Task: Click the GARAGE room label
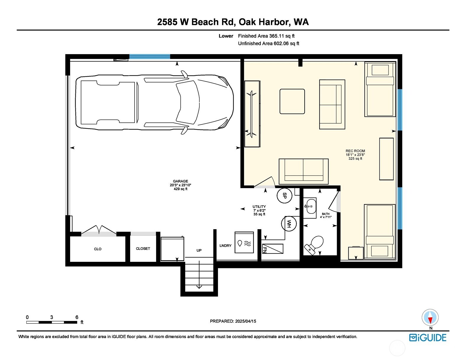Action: point(180,181)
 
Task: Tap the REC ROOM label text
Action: point(355,151)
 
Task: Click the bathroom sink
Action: point(310,206)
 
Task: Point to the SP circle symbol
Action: point(284,196)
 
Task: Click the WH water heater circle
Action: point(289,224)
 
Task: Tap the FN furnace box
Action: point(272,249)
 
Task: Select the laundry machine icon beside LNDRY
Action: point(244,242)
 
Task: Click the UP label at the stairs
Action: point(199,250)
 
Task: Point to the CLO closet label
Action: point(98,249)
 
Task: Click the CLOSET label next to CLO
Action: point(143,248)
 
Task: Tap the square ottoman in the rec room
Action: point(292,101)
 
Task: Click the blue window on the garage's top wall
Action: point(150,56)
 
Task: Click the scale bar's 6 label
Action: point(77,317)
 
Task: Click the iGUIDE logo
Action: point(428,338)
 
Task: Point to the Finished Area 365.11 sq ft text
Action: point(266,36)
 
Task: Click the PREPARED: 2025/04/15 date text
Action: point(233,321)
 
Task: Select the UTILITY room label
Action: point(259,207)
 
